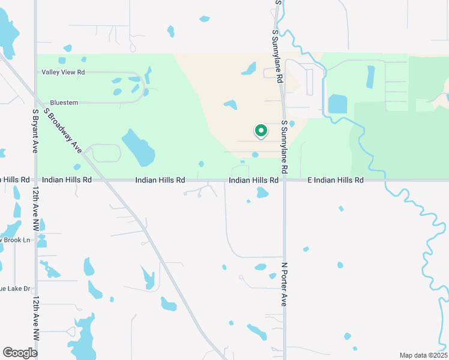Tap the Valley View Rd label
(63, 72)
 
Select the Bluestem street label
(64, 103)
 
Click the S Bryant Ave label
(35, 130)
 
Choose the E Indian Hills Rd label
(336, 180)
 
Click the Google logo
(20, 352)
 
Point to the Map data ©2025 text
(423, 355)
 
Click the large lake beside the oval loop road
(139, 148)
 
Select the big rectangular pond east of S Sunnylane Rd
(337, 104)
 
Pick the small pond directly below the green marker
(255, 155)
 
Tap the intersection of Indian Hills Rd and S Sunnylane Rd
(285, 180)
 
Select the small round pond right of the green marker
(292, 124)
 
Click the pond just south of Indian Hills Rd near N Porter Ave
(262, 193)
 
